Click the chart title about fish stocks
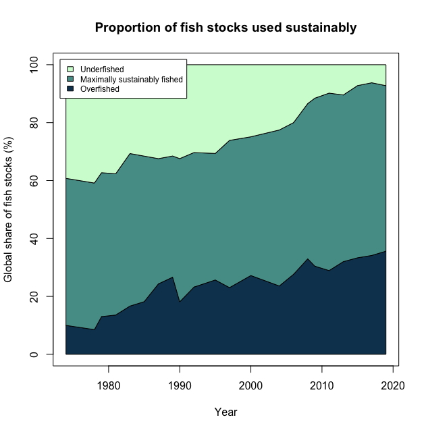225,28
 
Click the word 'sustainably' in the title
321,28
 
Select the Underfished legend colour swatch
70,69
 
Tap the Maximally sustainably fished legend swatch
70,79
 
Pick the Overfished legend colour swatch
70,88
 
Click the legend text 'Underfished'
102,69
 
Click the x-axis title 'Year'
225,412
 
